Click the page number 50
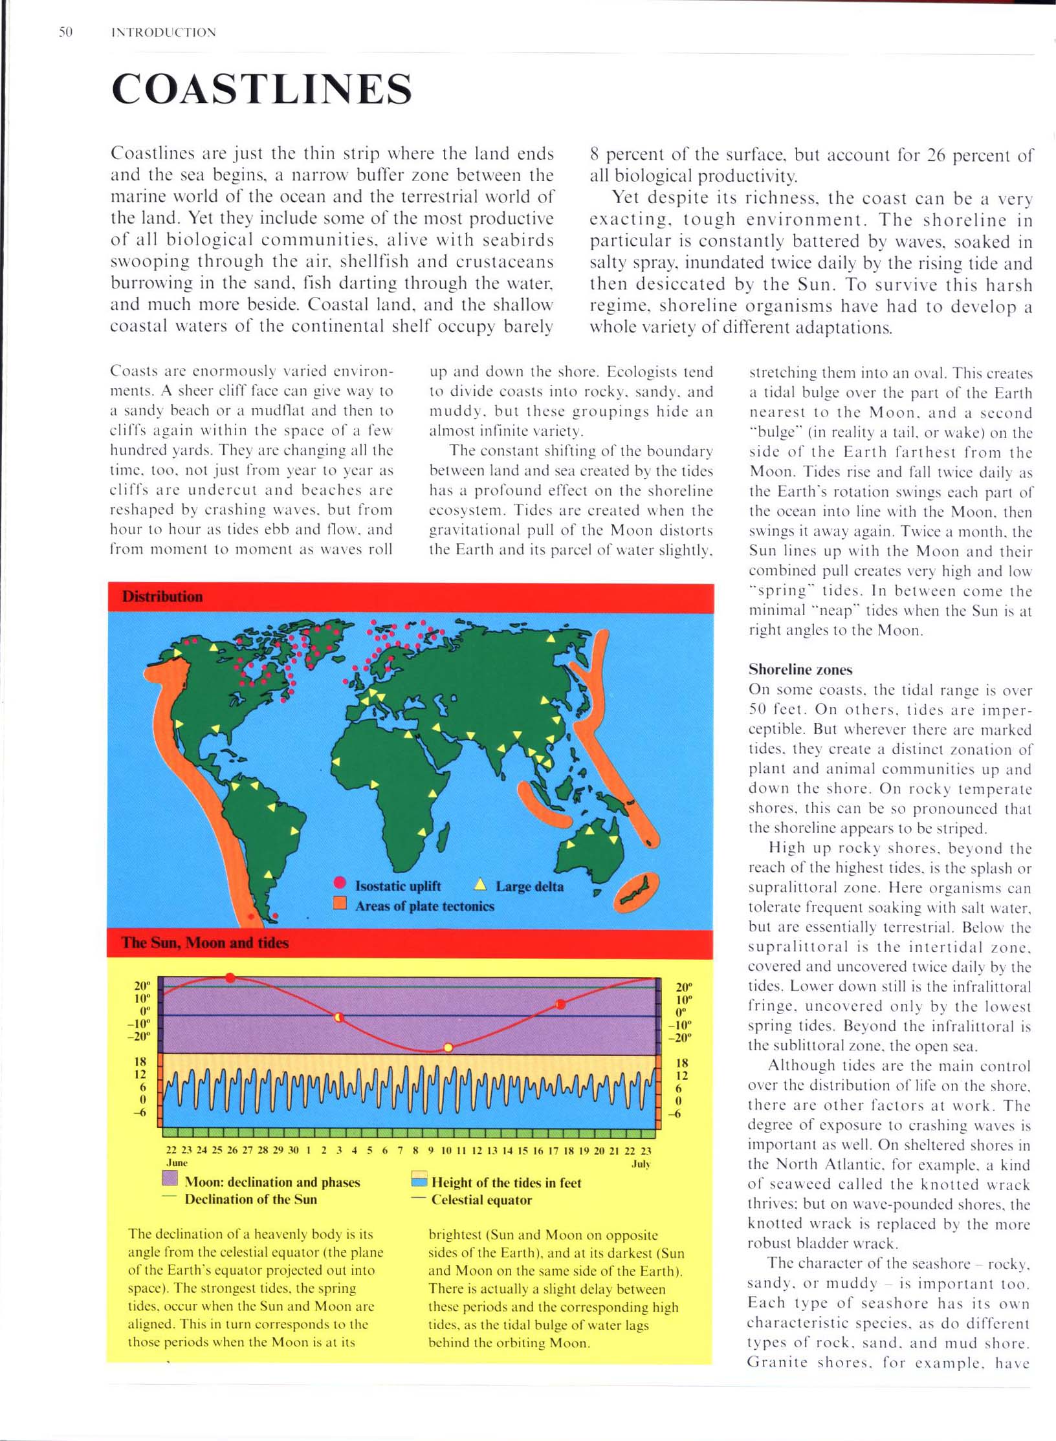coord(65,32)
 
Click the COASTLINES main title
coord(261,89)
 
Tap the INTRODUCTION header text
coord(164,32)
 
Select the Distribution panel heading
coord(162,596)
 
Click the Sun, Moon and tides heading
coord(205,942)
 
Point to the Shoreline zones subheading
coord(800,669)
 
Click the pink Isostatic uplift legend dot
coord(340,884)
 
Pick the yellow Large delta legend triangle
coord(480,885)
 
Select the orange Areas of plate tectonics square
coord(340,904)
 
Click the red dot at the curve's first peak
coord(230,978)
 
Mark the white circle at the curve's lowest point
coord(448,1047)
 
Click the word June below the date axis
coord(177,1162)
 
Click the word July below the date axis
coord(641,1164)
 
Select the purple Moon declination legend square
coord(170,1178)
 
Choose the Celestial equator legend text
coord(481,1200)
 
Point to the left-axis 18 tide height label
coord(140,1061)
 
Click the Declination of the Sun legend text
coord(250,1199)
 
